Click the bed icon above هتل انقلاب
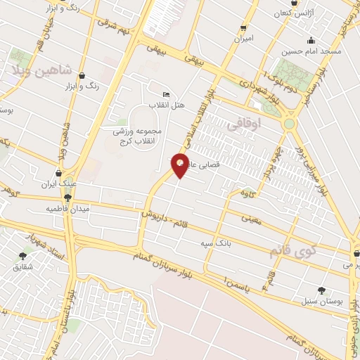coord(166,94)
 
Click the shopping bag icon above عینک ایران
coord(58,173)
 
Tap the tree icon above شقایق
coord(22,257)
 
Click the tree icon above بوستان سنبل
coord(322,290)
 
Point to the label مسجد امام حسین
coord(311,51)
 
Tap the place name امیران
coord(243,39)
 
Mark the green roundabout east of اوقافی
coord(289,124)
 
